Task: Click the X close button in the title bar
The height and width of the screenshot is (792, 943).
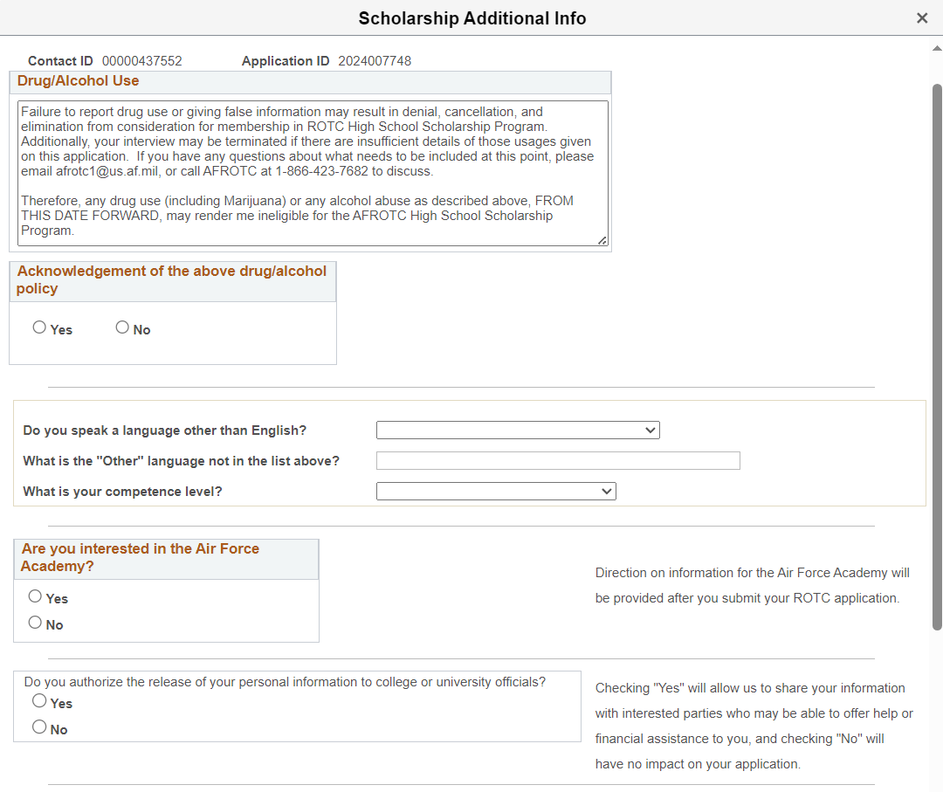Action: [x=922, y=18]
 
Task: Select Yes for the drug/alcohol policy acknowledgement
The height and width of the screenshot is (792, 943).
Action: [x=39, y=327]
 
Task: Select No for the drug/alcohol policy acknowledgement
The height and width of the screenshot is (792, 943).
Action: [x=122, y=327]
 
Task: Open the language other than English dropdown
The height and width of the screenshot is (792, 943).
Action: [x=518, y=430]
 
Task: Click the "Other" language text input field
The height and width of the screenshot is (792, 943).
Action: [x=558, y=461]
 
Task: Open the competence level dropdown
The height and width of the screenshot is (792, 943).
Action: [x=496, y=492]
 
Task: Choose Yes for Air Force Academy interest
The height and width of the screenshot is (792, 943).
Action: [x=35, y=596]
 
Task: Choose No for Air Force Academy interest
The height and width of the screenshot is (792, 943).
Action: [x=35, y=623]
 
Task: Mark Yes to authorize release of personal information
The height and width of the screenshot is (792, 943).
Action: [x=39, y=701]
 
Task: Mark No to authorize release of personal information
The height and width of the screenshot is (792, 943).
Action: [x=39, y=727]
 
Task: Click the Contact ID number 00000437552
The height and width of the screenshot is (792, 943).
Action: [x=142, y=61]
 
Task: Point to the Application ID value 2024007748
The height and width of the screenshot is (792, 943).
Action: [x=375, y=61]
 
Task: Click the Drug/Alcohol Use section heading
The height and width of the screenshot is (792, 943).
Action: [x=79, y=81]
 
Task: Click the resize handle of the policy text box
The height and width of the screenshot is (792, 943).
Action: [x=602, y=240]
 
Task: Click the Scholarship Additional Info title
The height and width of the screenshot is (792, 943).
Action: [x=472, y=18]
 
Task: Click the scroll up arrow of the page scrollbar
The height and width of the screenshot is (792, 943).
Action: [x=937, y=49]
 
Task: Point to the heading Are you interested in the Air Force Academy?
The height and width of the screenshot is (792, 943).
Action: [x=140, y=557]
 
